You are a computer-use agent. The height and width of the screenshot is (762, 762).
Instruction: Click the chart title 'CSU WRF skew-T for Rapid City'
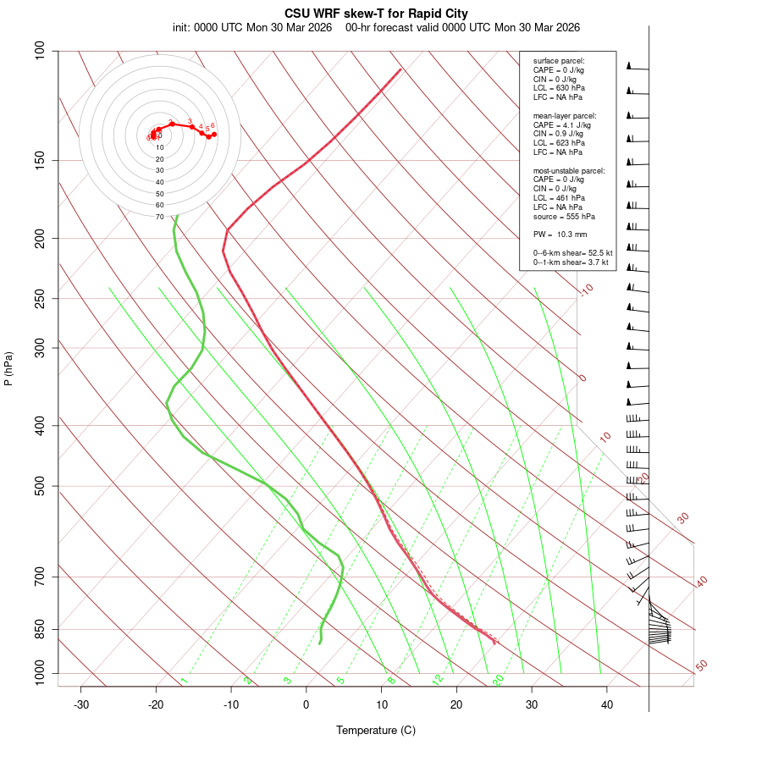point(377,14)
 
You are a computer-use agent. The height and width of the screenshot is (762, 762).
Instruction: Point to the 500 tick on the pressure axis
point(40,486)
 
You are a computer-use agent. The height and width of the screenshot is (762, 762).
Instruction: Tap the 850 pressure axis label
point(40,629)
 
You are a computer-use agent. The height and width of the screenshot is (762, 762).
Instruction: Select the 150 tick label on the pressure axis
point(40,160)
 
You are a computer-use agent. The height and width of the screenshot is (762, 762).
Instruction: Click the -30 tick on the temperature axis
point(81,704)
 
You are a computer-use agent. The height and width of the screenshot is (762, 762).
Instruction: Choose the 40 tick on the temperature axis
point(607,704)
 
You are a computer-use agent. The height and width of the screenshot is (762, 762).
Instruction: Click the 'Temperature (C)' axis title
point(376,730)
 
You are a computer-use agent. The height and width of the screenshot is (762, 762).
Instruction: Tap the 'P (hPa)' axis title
point(8,368)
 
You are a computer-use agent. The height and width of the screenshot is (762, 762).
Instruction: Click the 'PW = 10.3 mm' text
point(560,234)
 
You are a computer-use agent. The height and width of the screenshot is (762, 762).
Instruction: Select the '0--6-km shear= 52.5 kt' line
point(572,252)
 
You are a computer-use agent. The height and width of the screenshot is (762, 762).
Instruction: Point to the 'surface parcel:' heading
point(559,61)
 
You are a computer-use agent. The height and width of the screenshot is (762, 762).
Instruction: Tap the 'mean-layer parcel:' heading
point(565,115)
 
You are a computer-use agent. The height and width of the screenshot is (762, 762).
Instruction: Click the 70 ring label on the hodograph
point(159,217)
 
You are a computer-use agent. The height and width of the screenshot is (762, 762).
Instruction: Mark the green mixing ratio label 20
point(498,679)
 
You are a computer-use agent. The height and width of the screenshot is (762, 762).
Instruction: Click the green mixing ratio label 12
point(438,679)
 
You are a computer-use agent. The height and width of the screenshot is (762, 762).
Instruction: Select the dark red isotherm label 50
point(701,665)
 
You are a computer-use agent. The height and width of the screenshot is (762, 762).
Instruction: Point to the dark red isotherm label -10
point(585,290)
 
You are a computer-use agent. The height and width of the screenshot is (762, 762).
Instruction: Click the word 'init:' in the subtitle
point(180,27)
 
